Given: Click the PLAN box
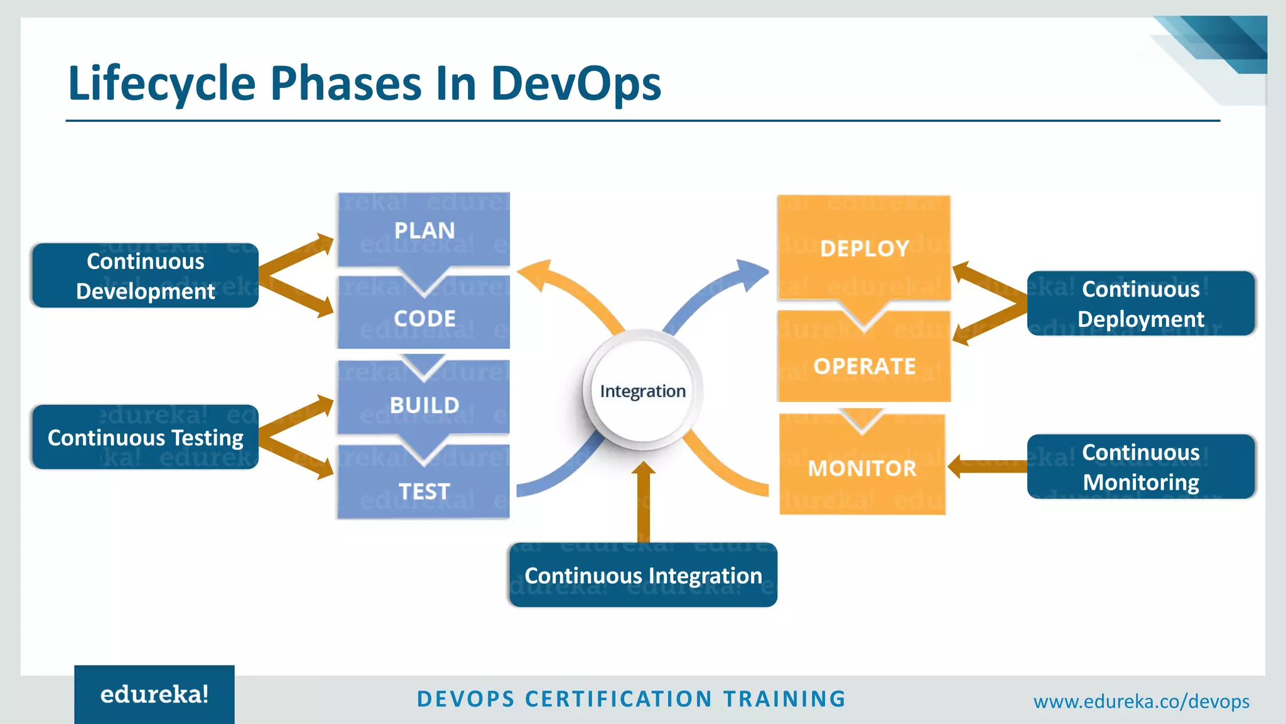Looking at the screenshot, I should coord(424,230).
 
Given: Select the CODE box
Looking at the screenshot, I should coord(424,318).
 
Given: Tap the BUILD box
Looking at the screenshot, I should coord(424,405).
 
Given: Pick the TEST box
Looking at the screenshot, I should coord(424,491).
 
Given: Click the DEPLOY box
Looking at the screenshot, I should coord(864,248).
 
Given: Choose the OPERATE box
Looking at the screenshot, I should coord(864,366).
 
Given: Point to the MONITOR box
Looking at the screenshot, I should coord(862,468).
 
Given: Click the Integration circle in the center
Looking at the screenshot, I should coord(642,391).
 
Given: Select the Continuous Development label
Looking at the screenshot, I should coord(145,276).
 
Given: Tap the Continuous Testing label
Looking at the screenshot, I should coord(145,437).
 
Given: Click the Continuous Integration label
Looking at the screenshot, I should coord(643,575).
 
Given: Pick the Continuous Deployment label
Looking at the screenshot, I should coord(1140,304).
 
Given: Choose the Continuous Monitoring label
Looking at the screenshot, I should coord(1140,467).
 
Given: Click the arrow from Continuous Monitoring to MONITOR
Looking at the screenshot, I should coord(986,467).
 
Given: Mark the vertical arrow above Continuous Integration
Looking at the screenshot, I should coord(643,503).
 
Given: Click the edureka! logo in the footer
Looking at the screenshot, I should coord(154,694).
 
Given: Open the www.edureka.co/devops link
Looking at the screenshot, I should coord(1141,701).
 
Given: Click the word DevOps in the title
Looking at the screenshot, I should coord(575,83).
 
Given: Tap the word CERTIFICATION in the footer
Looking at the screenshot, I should coord(618,699).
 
